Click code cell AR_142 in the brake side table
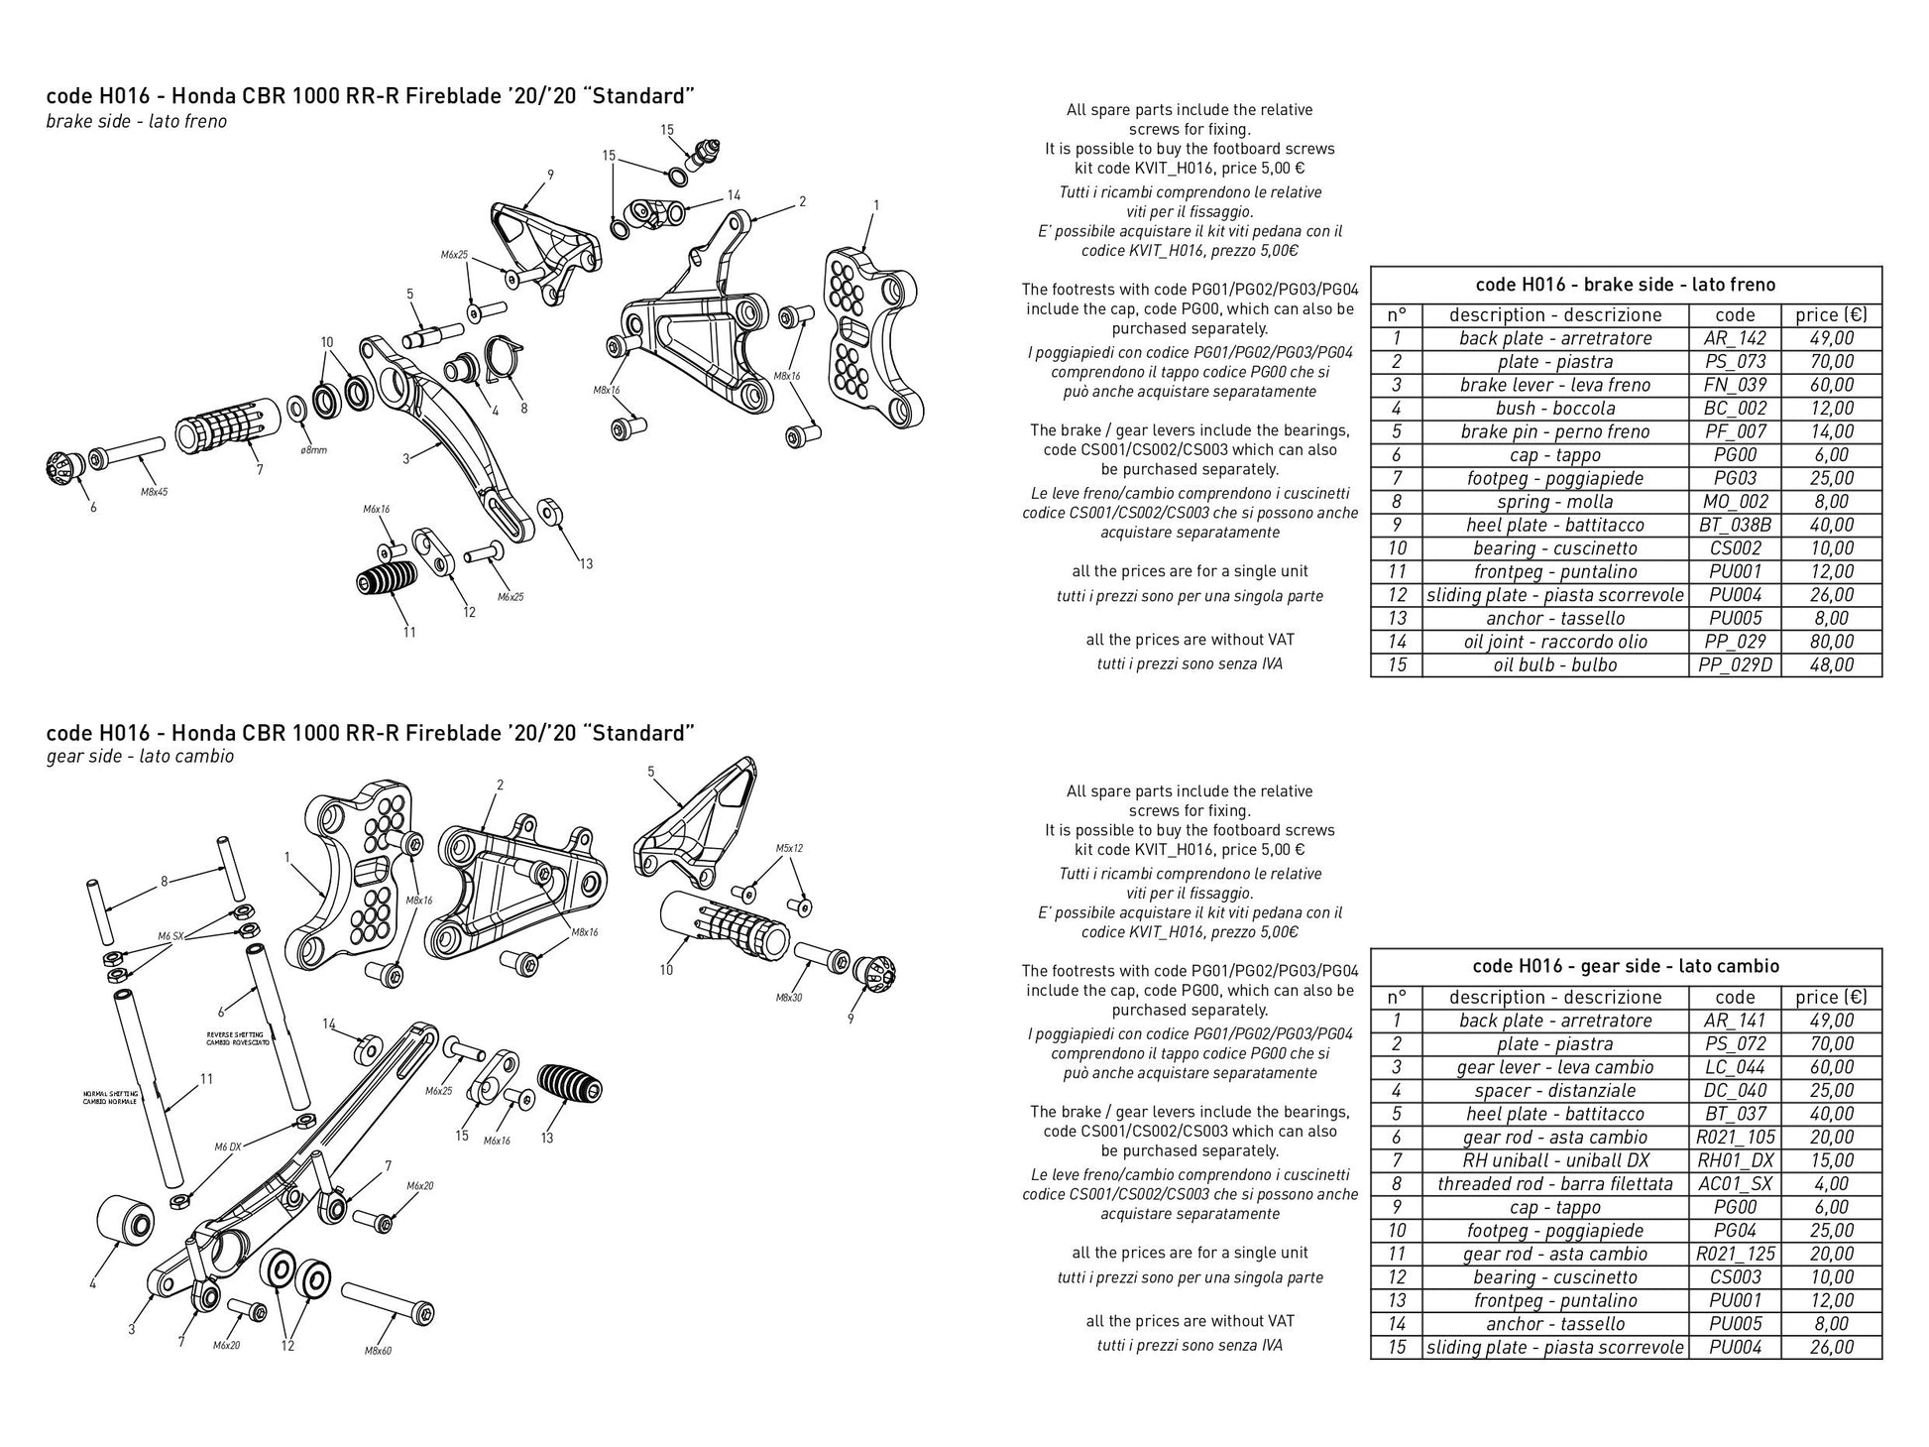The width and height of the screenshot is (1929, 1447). click(x=1735, y=338)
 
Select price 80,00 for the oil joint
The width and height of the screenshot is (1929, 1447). click(x=1831, y=642)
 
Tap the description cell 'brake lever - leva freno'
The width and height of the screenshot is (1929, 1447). click(x=1554, y=385)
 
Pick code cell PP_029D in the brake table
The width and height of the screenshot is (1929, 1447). click(x=1735, y=664)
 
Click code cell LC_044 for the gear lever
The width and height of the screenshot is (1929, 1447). click(x=1735, y=1067)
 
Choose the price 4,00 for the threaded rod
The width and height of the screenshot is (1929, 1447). click(x=1831, y=1184)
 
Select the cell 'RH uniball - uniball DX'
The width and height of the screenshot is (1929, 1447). click(x=1554, y=1160)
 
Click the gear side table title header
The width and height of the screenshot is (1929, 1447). click(x=1626, y=966)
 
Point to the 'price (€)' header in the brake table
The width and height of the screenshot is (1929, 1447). click(x=1831, y=315)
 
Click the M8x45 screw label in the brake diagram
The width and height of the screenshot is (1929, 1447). click(x=154, y=492)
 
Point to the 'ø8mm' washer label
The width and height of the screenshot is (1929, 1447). click(x=312, y=450)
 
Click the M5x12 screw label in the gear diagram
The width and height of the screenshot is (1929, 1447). click(x=789, y=848)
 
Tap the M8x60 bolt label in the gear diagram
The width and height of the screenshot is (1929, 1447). click(x=378, y=1350)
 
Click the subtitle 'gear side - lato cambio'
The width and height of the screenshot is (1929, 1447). click(x=140, y=757)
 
